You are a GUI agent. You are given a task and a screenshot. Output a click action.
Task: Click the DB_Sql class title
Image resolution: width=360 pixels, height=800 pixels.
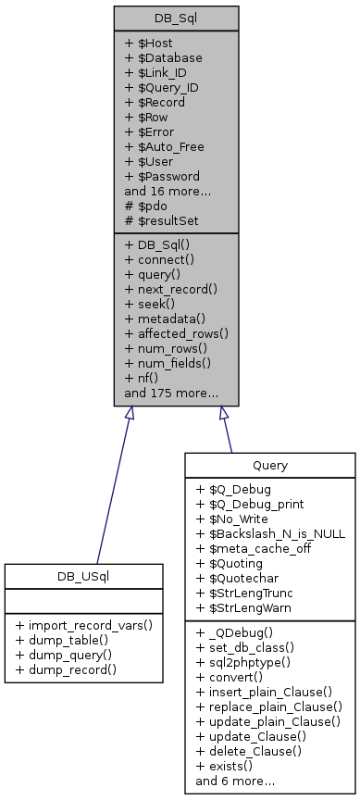click(x=176, y=19)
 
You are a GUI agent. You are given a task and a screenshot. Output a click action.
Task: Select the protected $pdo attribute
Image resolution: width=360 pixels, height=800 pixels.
click(x=146, y=206)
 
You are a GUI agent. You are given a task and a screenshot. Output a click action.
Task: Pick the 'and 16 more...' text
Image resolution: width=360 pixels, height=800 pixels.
click(x=162, y=191)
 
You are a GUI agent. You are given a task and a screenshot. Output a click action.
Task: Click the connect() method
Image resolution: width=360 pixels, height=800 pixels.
click(x=159, y=259)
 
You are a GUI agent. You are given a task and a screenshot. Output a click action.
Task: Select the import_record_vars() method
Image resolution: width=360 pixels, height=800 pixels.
click(x=83, y=625)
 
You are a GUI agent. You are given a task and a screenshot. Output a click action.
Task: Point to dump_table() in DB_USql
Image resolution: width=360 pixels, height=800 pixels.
click(x=68, y=640)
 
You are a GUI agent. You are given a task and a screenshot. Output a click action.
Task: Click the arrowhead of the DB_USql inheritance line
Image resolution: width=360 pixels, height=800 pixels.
click(x=130, y=414)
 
